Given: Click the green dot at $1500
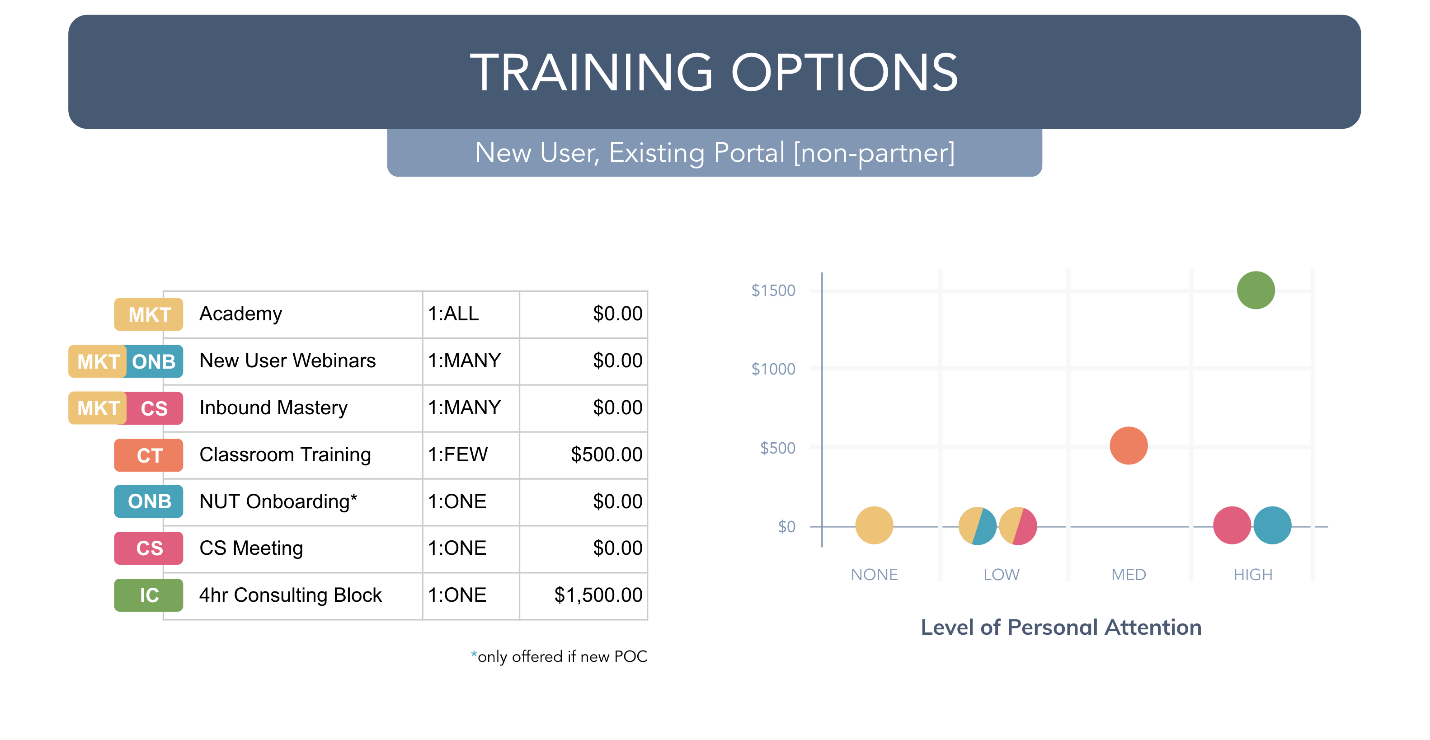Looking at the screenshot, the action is click(x=1256, y=290).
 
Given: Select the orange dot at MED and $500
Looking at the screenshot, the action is click(x=1129, y=445).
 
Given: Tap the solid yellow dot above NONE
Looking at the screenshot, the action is click(x=875, y=525).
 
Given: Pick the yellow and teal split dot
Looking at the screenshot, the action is click(x=978, y=526).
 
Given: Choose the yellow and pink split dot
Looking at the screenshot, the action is click(x=1018, y=526).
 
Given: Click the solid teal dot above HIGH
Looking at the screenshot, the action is click(x=1272, y=525).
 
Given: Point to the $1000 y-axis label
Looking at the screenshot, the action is click(x=773, y=369).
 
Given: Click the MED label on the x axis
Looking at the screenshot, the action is click(x=1129, y=575).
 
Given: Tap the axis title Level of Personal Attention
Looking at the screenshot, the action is click(x=1061, y=628).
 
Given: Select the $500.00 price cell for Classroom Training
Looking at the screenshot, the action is click(x=607, y=454).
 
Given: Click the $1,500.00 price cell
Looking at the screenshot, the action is click(x=598, y=595).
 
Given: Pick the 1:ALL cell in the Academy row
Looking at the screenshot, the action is click(x=453, y=314).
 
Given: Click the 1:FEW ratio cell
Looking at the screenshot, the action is click(x=458, y=454).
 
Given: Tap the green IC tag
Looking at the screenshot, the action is click(x=149, y=595).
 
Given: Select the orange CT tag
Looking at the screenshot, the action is click(x=149, y=455).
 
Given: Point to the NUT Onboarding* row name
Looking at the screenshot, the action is click(x=278, y=501).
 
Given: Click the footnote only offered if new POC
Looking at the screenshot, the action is click(x=559, y=657).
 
